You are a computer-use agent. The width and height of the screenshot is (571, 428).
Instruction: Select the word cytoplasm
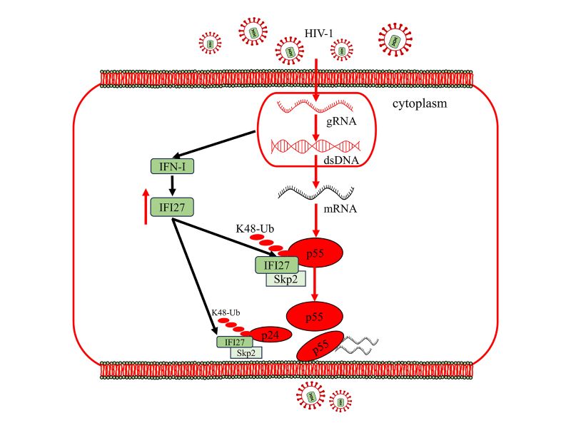pos(419,104)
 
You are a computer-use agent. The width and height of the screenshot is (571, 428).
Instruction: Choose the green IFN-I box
pos(173,168)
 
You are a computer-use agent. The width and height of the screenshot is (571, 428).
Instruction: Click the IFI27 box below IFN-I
pos(173,207)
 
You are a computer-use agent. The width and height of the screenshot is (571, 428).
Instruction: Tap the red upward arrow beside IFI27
pos(146,207)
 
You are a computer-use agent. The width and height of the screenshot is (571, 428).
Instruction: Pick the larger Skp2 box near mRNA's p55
pos(285,279)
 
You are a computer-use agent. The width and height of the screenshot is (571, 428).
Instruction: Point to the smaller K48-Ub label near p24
pos(224,312)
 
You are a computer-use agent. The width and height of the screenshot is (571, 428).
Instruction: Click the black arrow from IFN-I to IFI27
pos(173,186)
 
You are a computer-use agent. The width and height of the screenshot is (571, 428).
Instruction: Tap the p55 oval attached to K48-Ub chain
pos(315,253)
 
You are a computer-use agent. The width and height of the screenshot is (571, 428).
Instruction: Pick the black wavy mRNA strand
pos(315,193)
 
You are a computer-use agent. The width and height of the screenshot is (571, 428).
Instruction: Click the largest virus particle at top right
pos(393,41)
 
